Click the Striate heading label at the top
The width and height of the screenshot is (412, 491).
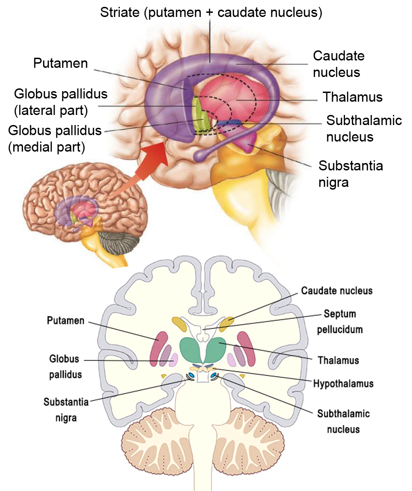click(x=211, y=12)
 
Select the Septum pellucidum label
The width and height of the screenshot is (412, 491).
click(x=340, y=322)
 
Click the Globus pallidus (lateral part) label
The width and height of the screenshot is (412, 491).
click(x=61, y=102)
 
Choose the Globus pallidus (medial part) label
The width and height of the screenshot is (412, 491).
click(x=55, y=139)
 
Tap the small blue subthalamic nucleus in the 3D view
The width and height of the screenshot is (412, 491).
click(x=230, y=123)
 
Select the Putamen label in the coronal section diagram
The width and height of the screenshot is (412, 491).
click(x=66, y=321)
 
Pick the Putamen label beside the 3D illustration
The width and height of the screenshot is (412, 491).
click(x=60, y=63)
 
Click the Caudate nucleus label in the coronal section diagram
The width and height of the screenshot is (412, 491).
click(x=337, y=291)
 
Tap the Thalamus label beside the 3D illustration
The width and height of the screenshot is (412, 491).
click(x=352, y=97)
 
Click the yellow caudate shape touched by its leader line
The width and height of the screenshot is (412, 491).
click(x=226, y=324)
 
